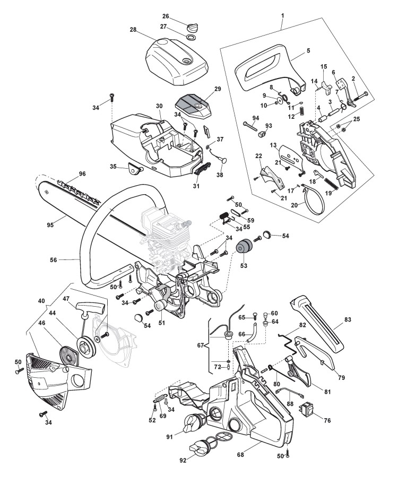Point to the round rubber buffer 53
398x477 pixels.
245,250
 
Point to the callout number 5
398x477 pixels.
308,51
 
